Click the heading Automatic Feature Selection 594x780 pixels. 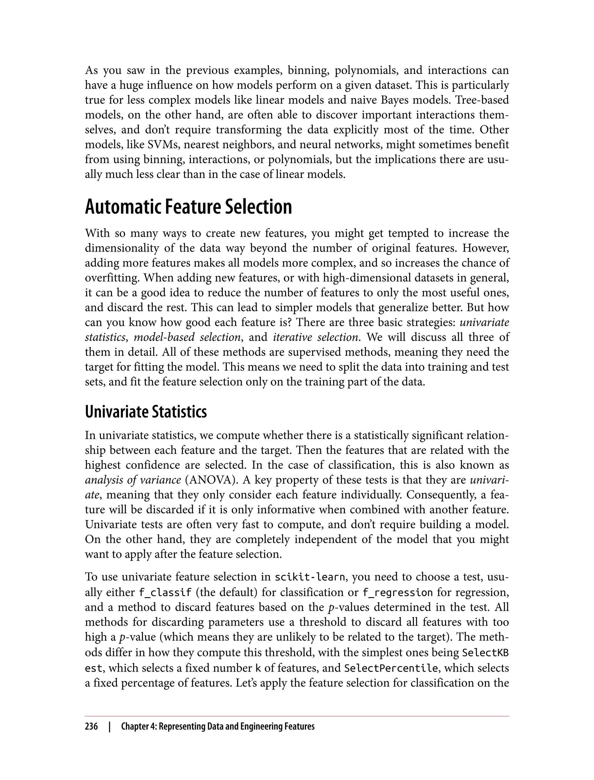point(188,207)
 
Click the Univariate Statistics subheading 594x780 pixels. point(146,412)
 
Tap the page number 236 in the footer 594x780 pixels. point(91,727)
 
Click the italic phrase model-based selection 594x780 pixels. point(187,337)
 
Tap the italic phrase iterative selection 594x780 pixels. point(315,337)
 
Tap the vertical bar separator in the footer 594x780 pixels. point(110,727)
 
